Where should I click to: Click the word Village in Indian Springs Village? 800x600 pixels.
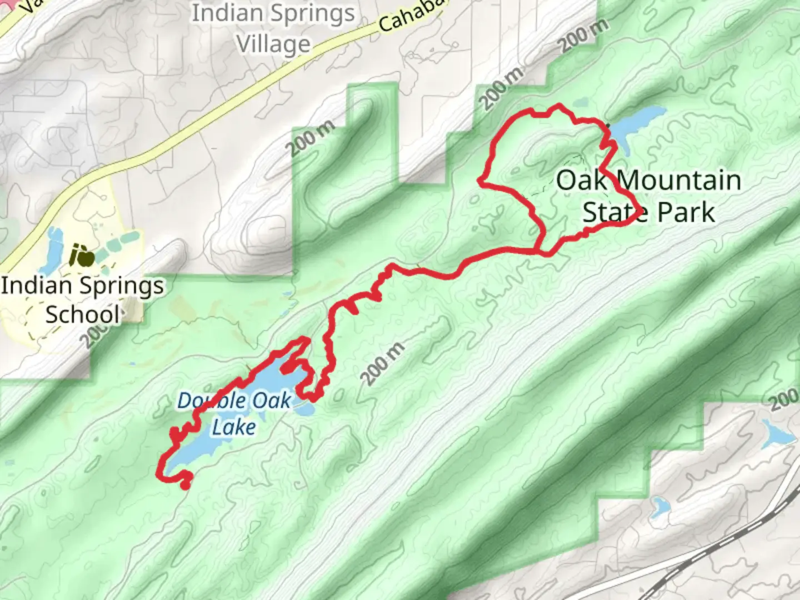tap(273, 43)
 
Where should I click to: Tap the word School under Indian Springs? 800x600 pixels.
tap(82, 314)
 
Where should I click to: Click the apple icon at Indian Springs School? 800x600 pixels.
tap(82, 256)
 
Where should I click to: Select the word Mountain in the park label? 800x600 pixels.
tap(679, 181)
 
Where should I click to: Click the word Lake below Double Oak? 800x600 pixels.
tap(234, 427)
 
